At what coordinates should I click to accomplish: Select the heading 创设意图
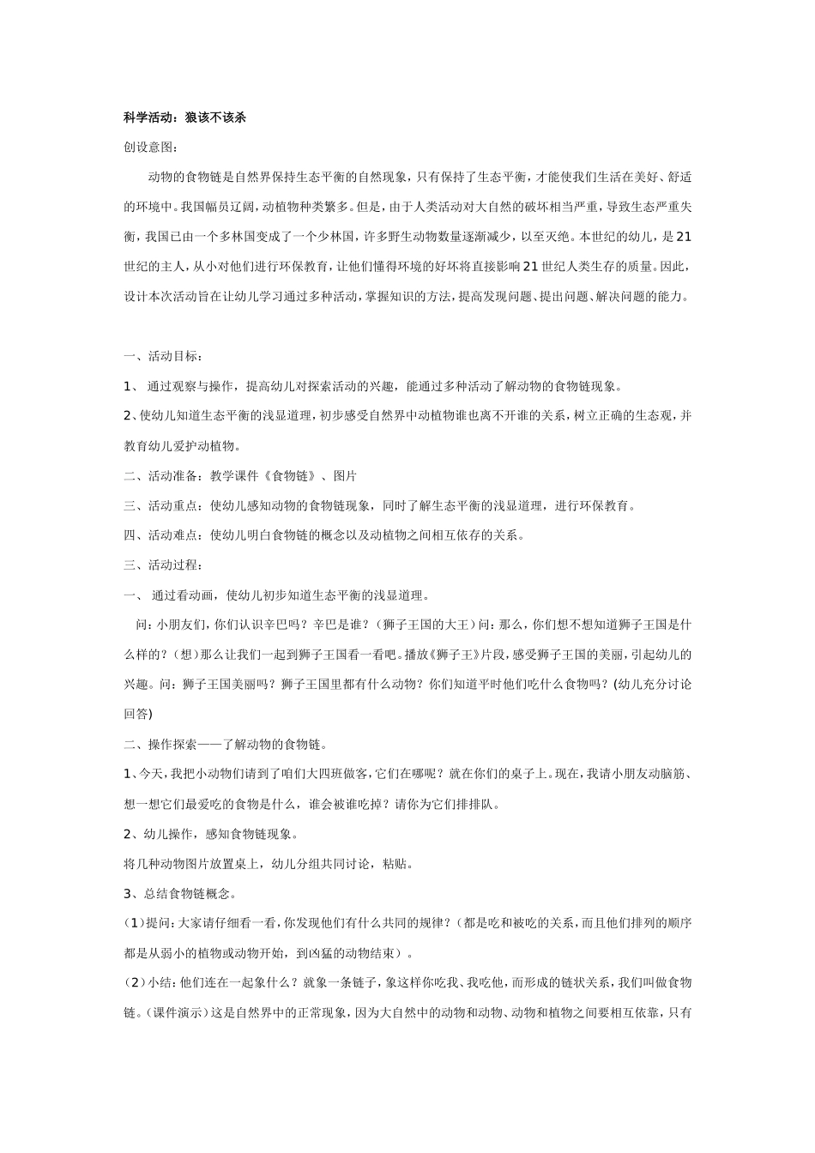click(148, 148)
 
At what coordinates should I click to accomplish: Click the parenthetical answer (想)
click(185, 655)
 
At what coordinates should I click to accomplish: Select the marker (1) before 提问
click(134, 924)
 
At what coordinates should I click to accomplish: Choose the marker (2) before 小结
click(134, 983)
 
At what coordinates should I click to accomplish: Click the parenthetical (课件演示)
click(174, 1013)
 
